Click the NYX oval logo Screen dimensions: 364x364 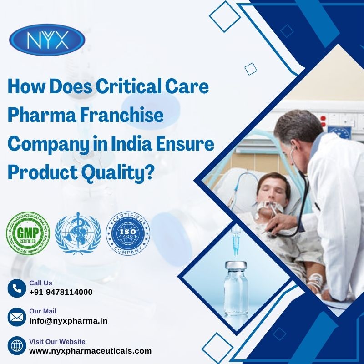pos(47,40)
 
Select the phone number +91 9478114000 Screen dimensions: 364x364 pos(61,292)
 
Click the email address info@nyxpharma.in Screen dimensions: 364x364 pos(68,320)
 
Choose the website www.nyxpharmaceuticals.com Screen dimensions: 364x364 pos(90,350)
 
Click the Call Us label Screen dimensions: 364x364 pos(40,283)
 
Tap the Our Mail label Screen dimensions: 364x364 pos(42,311)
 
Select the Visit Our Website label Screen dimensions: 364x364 pos(57,341)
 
